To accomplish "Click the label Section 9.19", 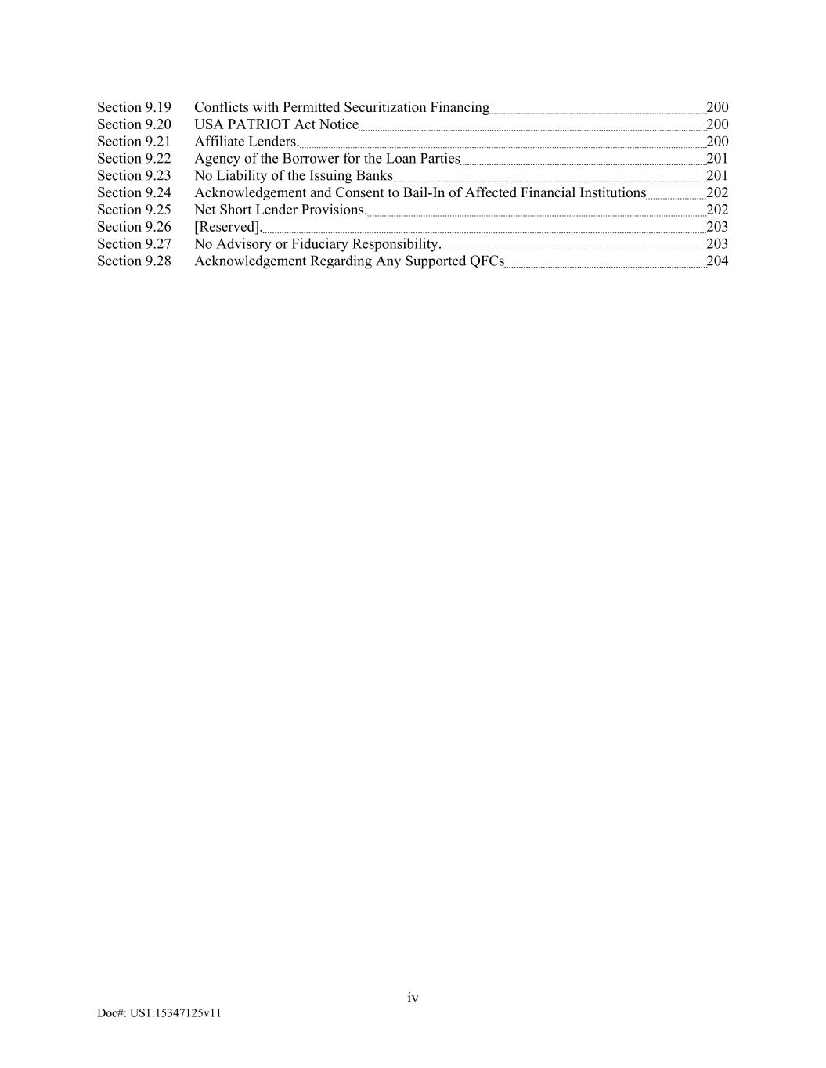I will [134, 107].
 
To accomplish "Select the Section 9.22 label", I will [134, 159].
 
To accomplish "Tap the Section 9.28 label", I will [134, 261].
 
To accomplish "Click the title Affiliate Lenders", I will [247, 142].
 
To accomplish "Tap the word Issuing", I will [331, 176].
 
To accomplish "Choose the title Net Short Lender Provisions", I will [280, 210].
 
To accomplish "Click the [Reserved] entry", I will [228, 228].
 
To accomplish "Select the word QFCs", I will [487, 261].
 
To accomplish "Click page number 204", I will [717, 261].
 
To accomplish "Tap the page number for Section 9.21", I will [717, 142].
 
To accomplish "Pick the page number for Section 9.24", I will [717, 193].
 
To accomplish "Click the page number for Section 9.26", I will [717, 228].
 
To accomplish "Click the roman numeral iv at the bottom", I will [413, 998].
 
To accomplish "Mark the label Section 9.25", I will [134, 210].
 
